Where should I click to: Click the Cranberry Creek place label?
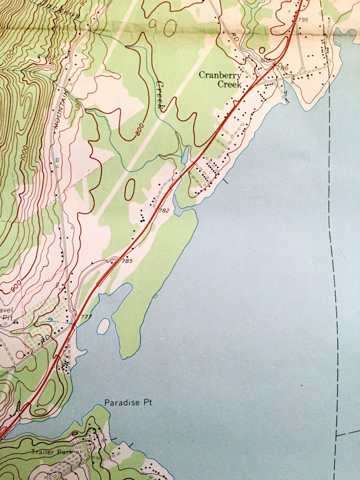(x=220, y=80)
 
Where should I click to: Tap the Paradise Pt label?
(x=128, y=403)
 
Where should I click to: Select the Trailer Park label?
(x=52, y=452)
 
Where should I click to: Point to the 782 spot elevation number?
(x=164, y=210)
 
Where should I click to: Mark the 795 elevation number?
(x=302, y=20)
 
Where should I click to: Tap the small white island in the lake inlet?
(x=104, y=326)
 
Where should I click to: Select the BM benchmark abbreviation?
(x=265, y=60)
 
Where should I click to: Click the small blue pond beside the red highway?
(x=185, y=154)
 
